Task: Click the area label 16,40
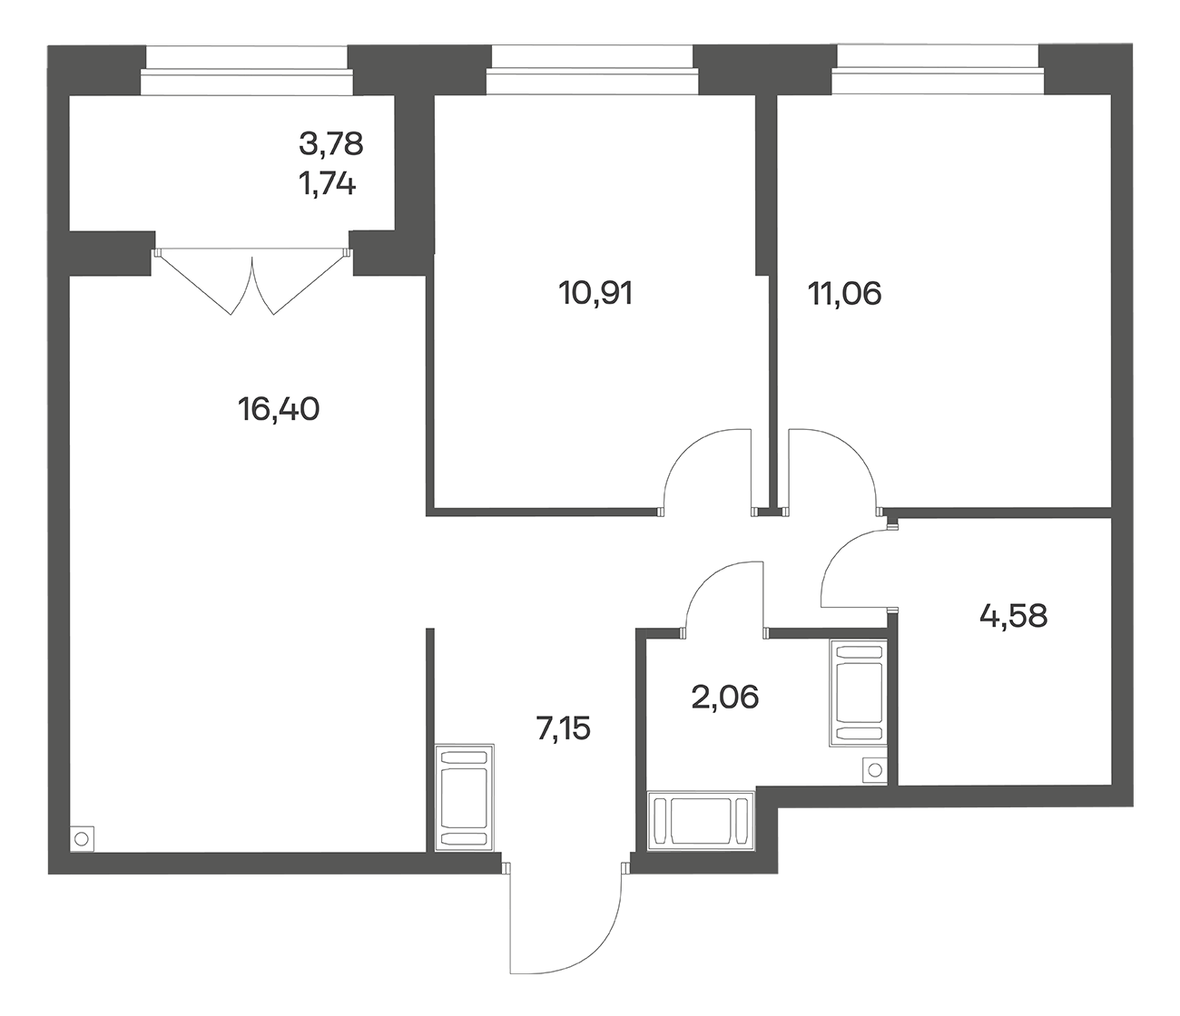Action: pos(278,410)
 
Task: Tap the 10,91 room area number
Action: pos(595,294)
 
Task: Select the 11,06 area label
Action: pos(844,294)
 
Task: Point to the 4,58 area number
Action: pos(1013,616)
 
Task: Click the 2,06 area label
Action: pos(725,697)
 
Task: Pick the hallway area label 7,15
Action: pos(563,728)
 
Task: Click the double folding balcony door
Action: pos(252,281)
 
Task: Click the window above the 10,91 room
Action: pos(592,70)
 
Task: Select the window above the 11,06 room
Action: pos(938,70)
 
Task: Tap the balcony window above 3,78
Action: pos(247,71)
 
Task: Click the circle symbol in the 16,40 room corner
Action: pos(82,838)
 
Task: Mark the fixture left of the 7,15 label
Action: pos(464,797)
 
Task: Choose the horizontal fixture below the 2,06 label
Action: pos(701,820)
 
